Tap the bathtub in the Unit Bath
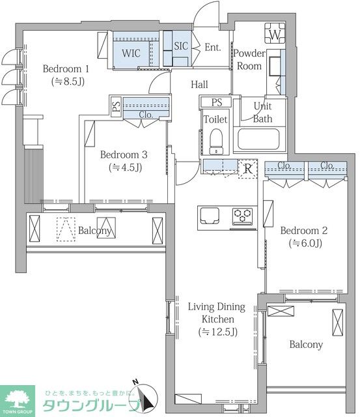point(258,139)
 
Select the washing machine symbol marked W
point(275,33)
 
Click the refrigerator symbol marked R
point(248,169)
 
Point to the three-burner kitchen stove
point(242,215)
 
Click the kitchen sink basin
point(210,216)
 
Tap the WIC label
point(131,53)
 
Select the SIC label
point(181,46)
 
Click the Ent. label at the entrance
point(213,48)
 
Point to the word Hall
point(199,85)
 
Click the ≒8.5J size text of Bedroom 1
point(68,81)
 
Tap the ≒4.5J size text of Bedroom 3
point(125,167)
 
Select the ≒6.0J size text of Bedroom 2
point(305,243)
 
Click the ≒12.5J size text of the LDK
point(218,332)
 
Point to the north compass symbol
point(144,397)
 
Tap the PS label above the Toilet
point(217,102)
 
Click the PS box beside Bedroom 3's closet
point(116,106)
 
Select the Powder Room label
point(249,59)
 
